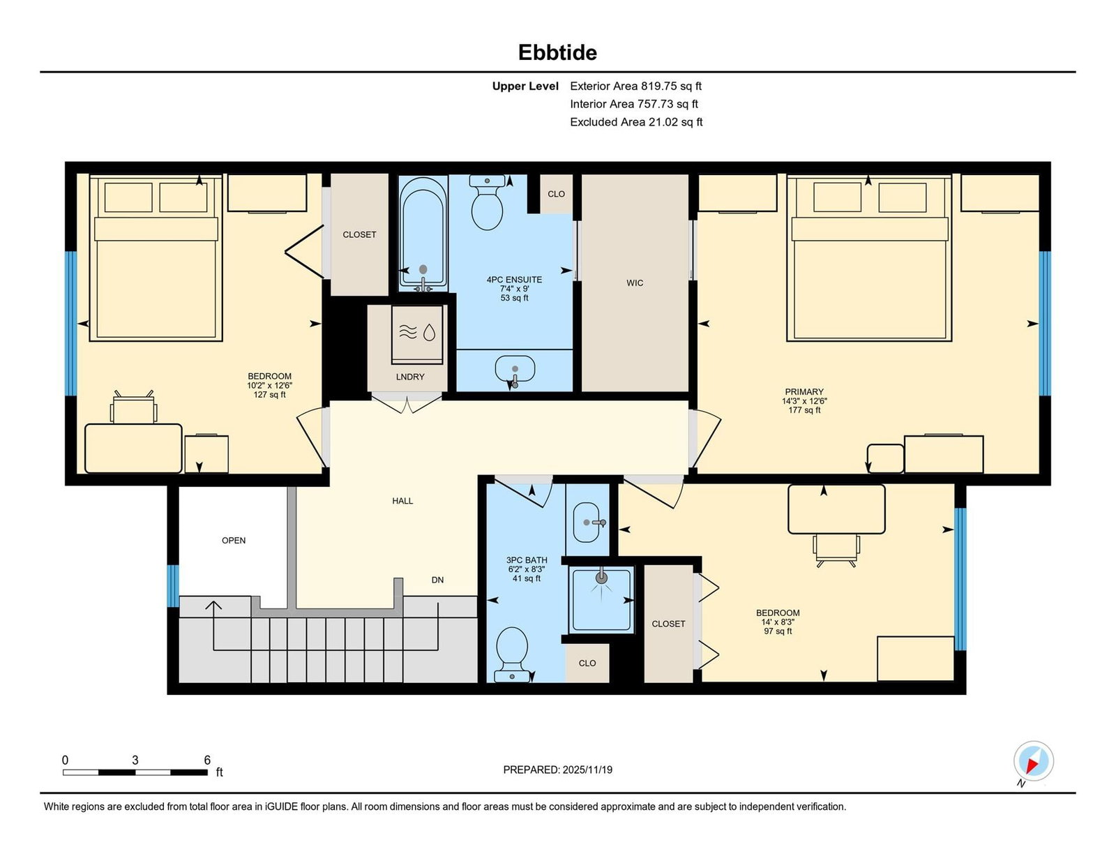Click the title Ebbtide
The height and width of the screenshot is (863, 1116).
pos(557,52)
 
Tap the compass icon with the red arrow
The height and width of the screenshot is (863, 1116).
pos(1033,760)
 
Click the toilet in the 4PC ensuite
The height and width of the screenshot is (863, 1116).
pos(487,202)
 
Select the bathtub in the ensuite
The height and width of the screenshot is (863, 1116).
pos(423,233)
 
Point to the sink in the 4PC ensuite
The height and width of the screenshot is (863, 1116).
pos(515,369)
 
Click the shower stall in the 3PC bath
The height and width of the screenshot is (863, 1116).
pos(601,599)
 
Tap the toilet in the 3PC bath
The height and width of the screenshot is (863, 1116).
pos(512,654)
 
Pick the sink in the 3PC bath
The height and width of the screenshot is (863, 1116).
pos(587,523)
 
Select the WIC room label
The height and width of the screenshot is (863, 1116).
pos(635,283)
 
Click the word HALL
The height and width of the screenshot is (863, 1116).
pos(402,501)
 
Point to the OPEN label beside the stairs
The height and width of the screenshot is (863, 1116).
pos(234,541)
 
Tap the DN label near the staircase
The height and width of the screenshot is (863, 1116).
pos(437,580)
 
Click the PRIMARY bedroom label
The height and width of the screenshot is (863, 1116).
pos(804,392)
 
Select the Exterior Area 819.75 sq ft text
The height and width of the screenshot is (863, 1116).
pos(636,87)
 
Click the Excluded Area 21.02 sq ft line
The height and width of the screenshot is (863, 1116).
pos(636,122)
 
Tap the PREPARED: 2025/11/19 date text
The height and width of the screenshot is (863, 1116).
pos(558,770)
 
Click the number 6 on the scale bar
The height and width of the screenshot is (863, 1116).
pos(207,760)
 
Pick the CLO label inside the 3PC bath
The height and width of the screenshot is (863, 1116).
pos(587,663)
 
